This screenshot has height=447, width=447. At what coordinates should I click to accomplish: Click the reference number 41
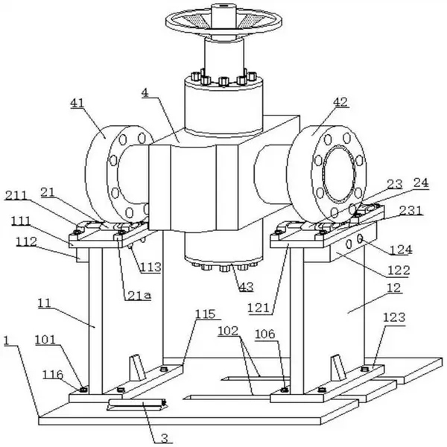tap(77, 104)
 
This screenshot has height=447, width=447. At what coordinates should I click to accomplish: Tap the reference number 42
tap(340, 102)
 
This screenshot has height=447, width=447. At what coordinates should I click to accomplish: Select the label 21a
tap(139, 296)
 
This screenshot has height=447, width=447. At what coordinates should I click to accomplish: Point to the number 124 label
tap(401, 250)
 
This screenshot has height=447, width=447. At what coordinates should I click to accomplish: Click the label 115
tap(206, 314)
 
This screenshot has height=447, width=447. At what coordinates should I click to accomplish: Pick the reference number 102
tap(228, 331)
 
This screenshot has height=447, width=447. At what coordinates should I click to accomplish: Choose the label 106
tap(264, 334)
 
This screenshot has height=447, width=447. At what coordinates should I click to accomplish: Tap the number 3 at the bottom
tap(165, 439)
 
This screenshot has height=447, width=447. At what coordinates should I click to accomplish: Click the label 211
tap(16, 195)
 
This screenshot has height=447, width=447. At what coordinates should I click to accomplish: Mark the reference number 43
tap(247, 287)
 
